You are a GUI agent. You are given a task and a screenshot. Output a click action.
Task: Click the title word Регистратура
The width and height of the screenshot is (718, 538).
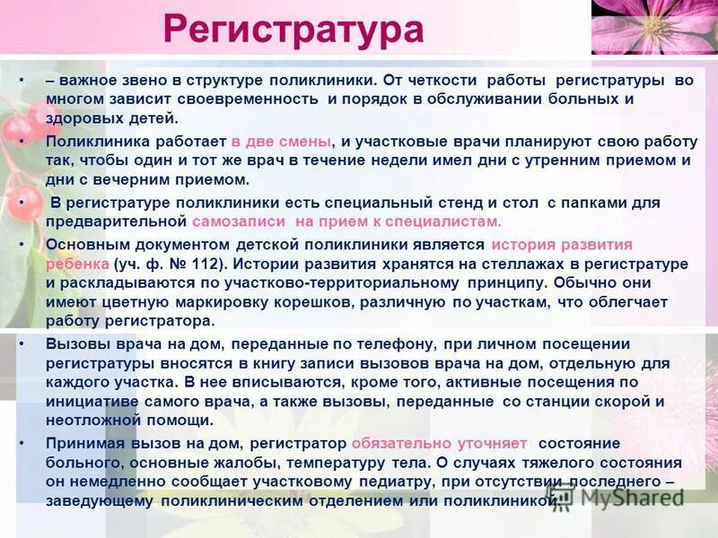tap(293, 30)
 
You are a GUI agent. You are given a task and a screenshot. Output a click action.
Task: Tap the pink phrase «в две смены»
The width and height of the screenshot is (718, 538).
tap(281, 143)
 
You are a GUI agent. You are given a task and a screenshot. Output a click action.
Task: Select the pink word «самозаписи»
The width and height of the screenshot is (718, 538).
tap(239, 221)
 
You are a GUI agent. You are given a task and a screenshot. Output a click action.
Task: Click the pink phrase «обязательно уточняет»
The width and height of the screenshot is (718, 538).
tap(440, 444)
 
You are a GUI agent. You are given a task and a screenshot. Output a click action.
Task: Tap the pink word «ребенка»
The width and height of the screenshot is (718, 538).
tap(77, 265)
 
